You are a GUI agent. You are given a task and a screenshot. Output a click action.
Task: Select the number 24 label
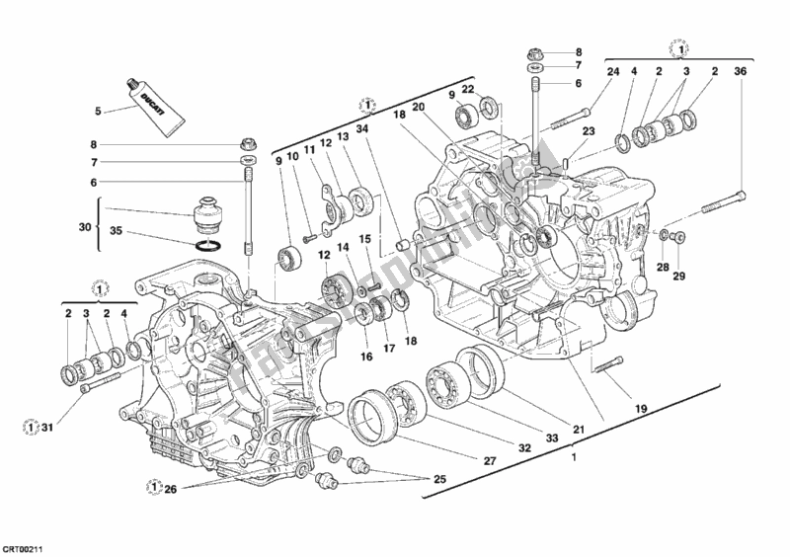pyautogui.click(x=612, y=70)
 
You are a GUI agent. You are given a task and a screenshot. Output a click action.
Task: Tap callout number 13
pyautogui.click(x=342, y=136)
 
